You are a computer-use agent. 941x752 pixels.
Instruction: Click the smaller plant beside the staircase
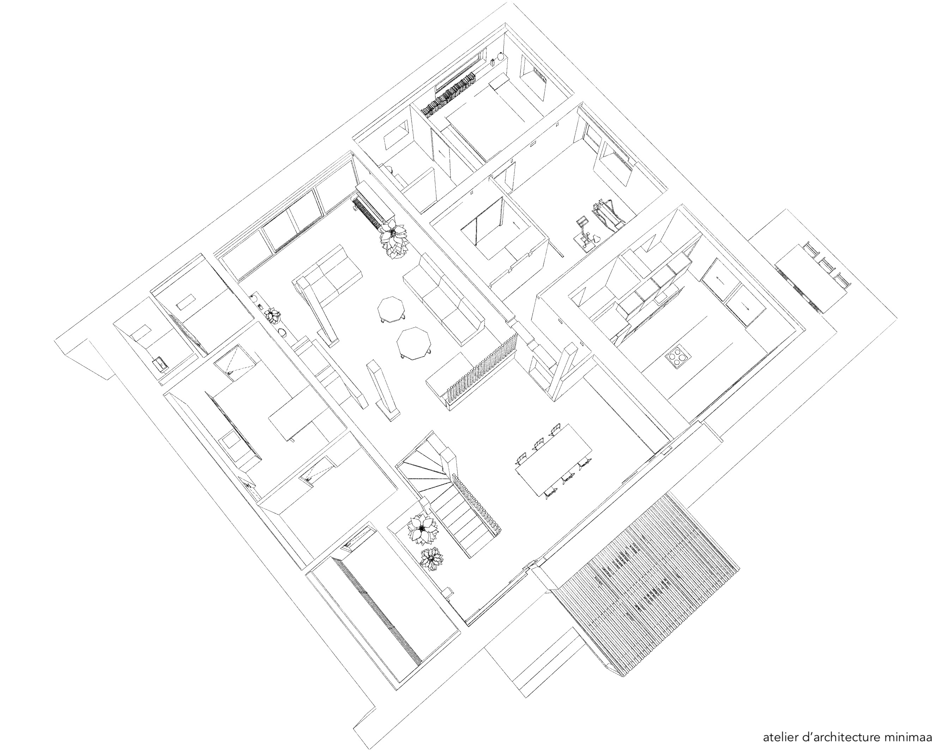tap(431, 559)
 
